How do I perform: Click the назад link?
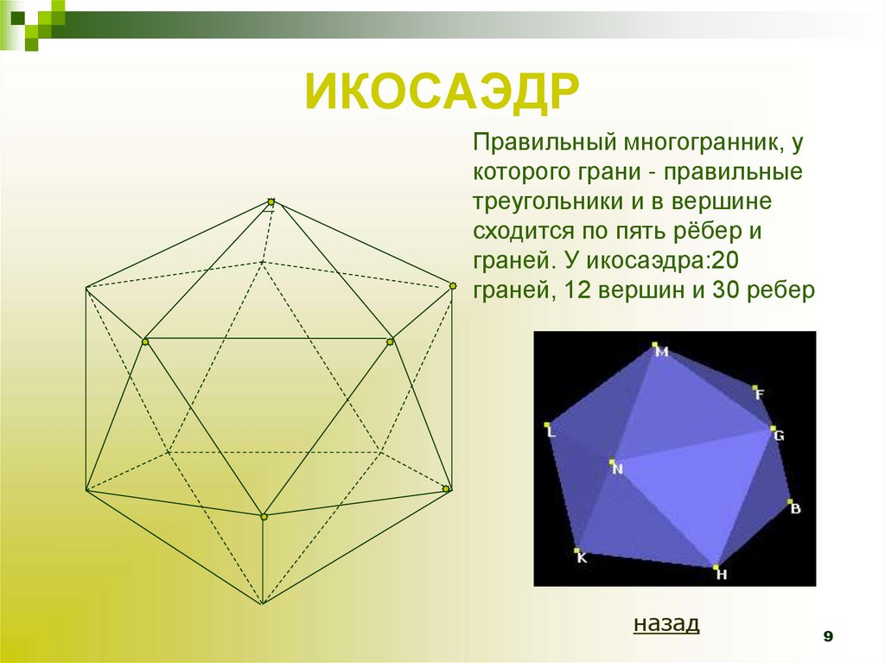pos(665,623)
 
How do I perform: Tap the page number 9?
pos(828,637)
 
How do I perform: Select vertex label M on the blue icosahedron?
pos(662,352)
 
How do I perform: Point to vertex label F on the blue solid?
pos(760,395)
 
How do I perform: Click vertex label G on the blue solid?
pos(779,436)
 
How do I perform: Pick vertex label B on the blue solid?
pos(795,508)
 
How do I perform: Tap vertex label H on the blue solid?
pos(722,573)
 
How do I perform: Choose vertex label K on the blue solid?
pos(582,558)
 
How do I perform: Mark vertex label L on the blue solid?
pos(551,432)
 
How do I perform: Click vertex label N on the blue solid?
pos(617,469)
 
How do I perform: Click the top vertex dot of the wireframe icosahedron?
pos(271,202)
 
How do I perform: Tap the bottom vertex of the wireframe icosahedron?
pos(263,603)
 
